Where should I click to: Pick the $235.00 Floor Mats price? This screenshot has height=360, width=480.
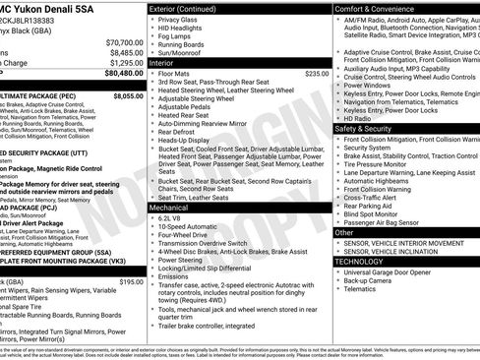coord(317,73)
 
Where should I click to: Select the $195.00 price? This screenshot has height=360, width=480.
coord(131,282)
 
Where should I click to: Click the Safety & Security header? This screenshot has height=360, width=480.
coord(363,128)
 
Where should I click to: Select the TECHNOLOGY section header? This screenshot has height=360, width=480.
coord(359,262)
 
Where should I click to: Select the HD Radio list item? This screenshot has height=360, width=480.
coord(359,119)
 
